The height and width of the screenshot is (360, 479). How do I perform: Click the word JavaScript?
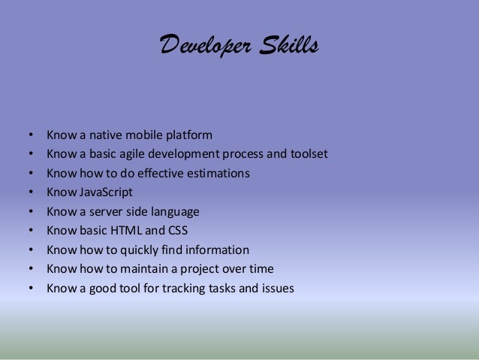104,192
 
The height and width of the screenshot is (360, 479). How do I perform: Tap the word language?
173,212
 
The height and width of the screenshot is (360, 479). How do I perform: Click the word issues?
277,288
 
